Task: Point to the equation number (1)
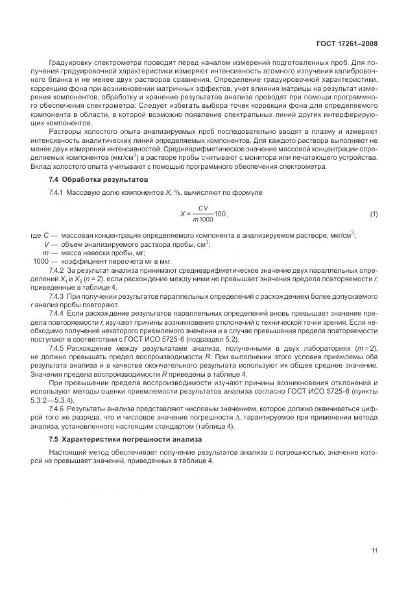[x=374, y=214]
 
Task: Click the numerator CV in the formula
[x=203, y=208]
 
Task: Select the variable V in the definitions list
[x=46, y=244]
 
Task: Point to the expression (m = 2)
[x=364, y=349]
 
